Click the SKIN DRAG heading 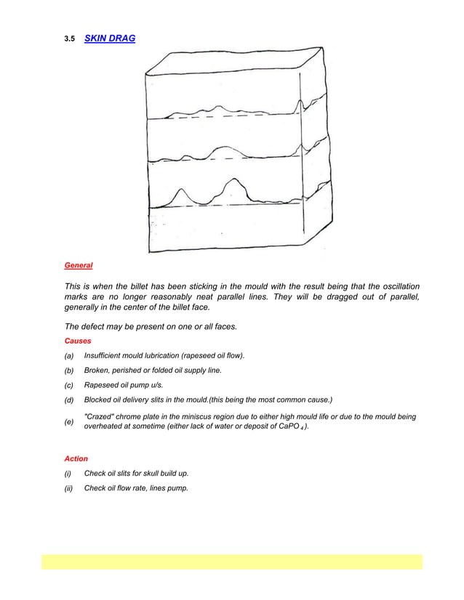click(x=110, y=38)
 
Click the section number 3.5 click(x=70, y=38)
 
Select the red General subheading click(x=79, y=266)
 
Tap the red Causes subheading click(x=77, y=340)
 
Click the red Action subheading click(x=76, y=458)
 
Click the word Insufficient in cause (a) click(x=105, y=355)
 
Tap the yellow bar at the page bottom click(x=231, y=562)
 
